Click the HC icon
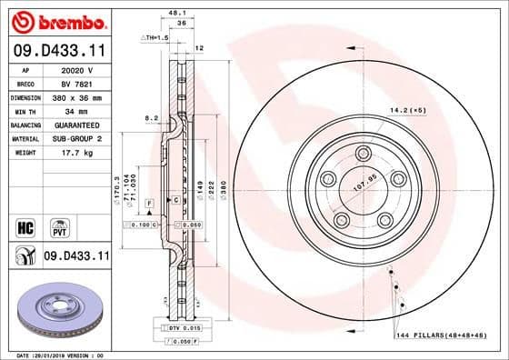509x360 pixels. pos(25,225)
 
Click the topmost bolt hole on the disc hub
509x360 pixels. pos(364,153)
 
